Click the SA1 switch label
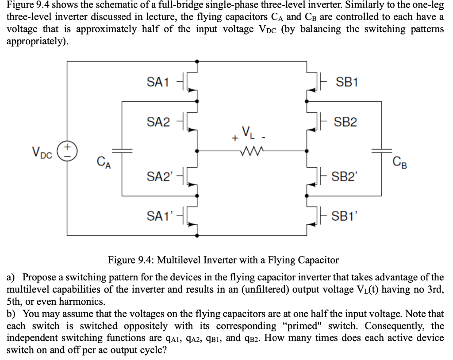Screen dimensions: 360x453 (157, 82)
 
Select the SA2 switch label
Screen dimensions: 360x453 (158, 122)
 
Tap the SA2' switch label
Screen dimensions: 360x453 (159, 177)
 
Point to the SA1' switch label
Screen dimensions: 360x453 (159, 217)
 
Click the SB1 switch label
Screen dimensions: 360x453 (347, 82)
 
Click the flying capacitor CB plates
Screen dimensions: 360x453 (381, 151)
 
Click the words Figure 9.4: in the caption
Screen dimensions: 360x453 (128, 260)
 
